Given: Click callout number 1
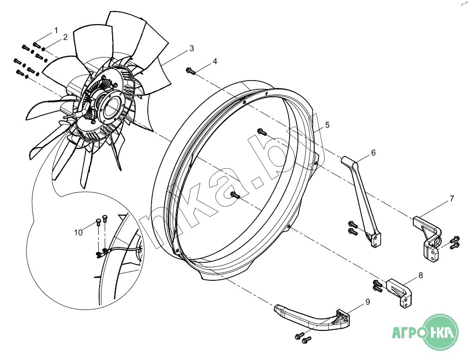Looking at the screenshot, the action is coord(56,31).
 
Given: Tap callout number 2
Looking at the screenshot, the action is coord(65,38).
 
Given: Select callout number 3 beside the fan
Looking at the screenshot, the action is coord(192,48).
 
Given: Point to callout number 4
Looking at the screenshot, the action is coord(215,62).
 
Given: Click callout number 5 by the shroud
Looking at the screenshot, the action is coord(328,125).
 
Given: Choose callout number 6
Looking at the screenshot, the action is coord(373,153).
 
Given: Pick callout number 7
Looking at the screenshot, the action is coord(452,198).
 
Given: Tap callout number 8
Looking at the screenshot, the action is coord(421,275).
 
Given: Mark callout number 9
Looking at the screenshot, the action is coord(368,302).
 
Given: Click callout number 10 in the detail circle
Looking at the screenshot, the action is coord(78,233).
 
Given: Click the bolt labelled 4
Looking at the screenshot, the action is coord(190,71).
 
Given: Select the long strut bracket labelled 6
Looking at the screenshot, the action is coord(362,201).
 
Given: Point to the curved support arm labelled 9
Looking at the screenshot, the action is coord(313,318).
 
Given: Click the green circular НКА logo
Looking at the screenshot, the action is coord(441,332).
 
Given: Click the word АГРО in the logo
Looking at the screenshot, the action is coord(408,332).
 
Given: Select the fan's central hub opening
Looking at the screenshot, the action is coord(109,107).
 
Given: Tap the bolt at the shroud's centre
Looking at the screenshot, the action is coord(235,195).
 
